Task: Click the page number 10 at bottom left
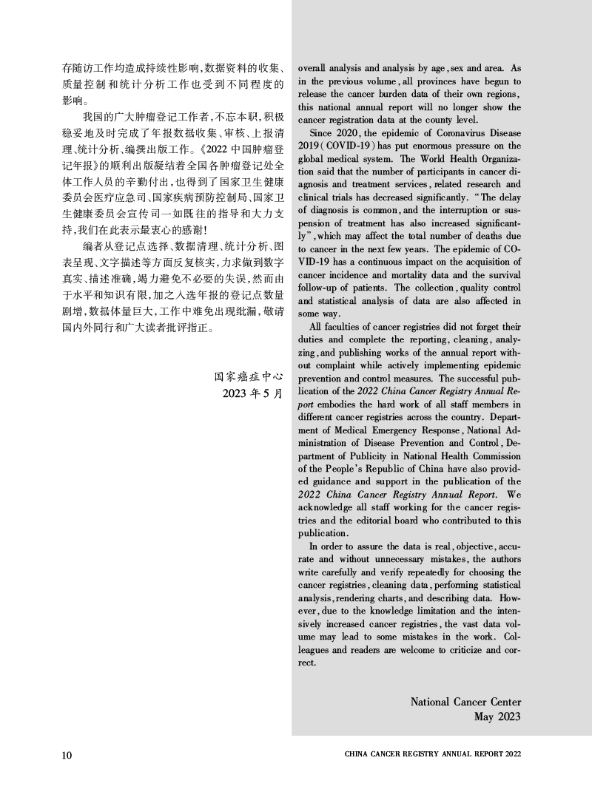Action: (x=67, y=754)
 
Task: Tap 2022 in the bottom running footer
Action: (x=514, y=754)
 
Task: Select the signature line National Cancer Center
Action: (x=465, y=702)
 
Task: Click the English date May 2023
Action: (x=497, y=716)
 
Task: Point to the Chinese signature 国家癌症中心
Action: (x=249, y=375)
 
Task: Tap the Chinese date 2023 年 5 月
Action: (x=252, y=392)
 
